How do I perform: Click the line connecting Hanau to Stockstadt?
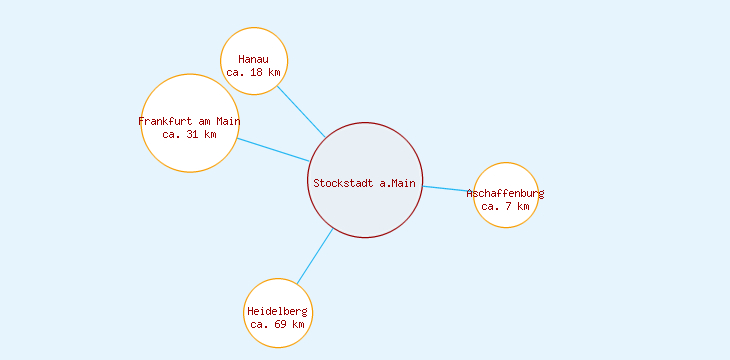pyautogui.click(x=300, y=111)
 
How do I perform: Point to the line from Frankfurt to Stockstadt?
pyautogui.click(x=273, y=149)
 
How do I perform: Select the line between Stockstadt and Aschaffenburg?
pyautogui.click(x=447, y=188)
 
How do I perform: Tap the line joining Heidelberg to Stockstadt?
pyautogui.click(x=315, y=256)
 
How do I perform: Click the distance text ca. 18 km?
pyautogui.click(x=254, y=73)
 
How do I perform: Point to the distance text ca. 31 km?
pyautogui.click(x=189, y=135)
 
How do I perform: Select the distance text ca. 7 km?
pyautogui.click(x=506, y=206)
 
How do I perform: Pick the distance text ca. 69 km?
pyautogui.click(x=278, y=324)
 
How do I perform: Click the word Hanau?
pyautogui.click(x=254, y=60)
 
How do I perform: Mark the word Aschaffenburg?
pyautogui.click(x=506, y=193)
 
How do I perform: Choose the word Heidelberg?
pyautogui.click(x=278, y=311)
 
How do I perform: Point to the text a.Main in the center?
pyautogui.click(x=398, y=183)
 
